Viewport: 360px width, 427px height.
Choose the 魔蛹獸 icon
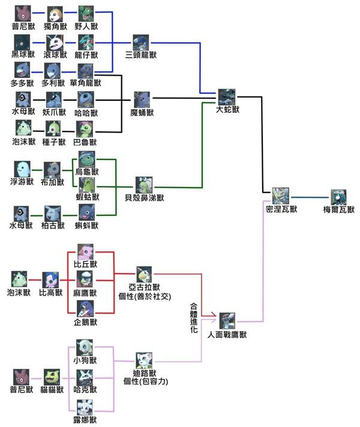coord(143,98)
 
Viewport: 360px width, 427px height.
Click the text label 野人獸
coord(86,26)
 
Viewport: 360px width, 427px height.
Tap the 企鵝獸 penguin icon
coord(86,309)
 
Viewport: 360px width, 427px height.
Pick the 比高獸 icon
coord(50,279)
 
